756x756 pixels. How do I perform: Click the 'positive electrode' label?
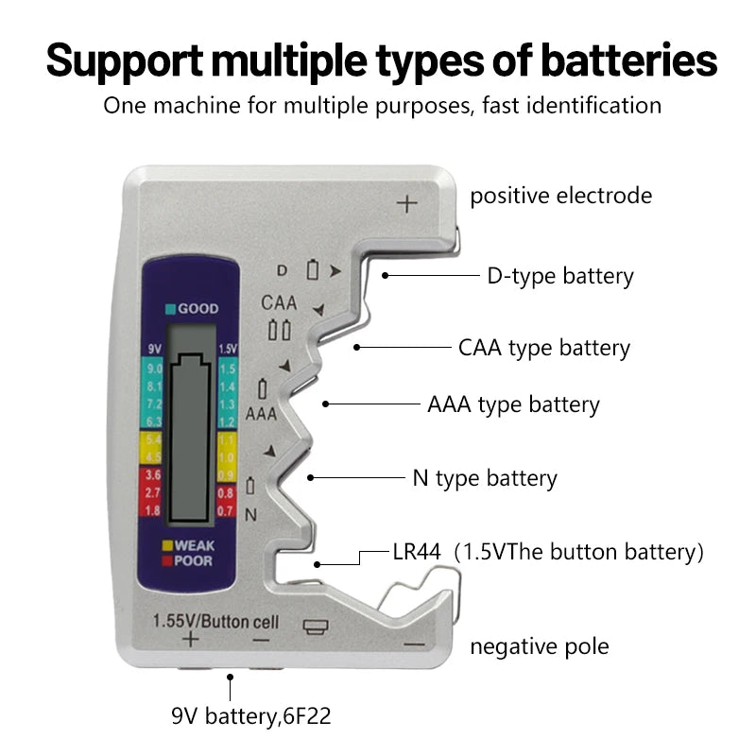pyautogui.click(x=561, y=196)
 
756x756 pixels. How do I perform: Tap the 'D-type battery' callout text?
pyautogui.click(x=560, y=276)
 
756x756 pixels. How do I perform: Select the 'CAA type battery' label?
pyautogui.click(x=543, y=348)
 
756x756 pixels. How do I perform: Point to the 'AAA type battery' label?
pyautogui.click(x=513, y=405)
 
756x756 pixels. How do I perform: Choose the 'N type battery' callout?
pyautogui.click(x=485, y=478)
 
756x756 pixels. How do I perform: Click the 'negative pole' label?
pyautogui.click(x=540, y=646)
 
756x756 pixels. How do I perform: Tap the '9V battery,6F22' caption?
pyautogui.click(x=251, y=716)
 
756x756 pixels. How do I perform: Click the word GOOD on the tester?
pyautogui.click(x=198, y=309)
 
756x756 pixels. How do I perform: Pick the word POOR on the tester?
pyautogui.click(x=194, y=560)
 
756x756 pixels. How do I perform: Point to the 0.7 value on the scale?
pyautogui.click(x=226, y=511)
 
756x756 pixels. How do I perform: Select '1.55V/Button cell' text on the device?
pyautogui.click(x=215, y=621)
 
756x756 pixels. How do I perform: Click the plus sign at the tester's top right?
pyautogui.click(x=407, y=203)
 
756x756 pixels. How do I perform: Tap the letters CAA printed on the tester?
pyautogui.click(x=279, y=303)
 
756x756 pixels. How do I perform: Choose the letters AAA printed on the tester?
pyautogui.click(x=261, y=414)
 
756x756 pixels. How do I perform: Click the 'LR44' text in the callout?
pyautogui.click(x=417, y=552)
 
